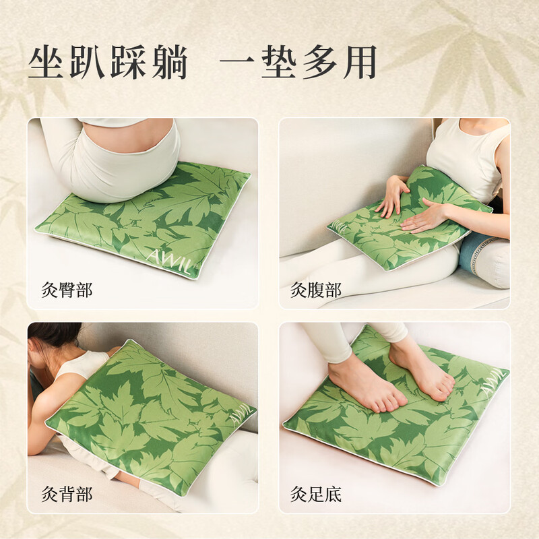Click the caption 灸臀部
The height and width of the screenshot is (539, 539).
pyautogui.click(x=67, y=290)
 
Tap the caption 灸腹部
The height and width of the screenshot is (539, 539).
pyautogui.click(x=316, y=290)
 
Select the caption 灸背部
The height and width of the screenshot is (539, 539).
pyautogui.click(x=67, y=494)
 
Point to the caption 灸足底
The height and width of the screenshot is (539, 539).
pyautogui.click(x=316, y=494)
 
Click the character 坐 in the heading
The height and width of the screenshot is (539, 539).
pyautogui.click(x=46, y=62)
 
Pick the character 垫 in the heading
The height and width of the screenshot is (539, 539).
pyautogui.click(x=279, y=62)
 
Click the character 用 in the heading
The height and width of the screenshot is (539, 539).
pyautogui.click(x=359, y=62)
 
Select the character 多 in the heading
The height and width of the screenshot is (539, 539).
pyautogui.click(x=319, y=62)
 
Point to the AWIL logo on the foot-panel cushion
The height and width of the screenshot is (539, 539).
pyautogui.click(x=493, y=381)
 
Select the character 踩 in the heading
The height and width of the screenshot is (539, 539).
pyautogui.click(x=128, y=62)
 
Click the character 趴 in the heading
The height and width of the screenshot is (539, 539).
pyautogui.click(x=87, y=62)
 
